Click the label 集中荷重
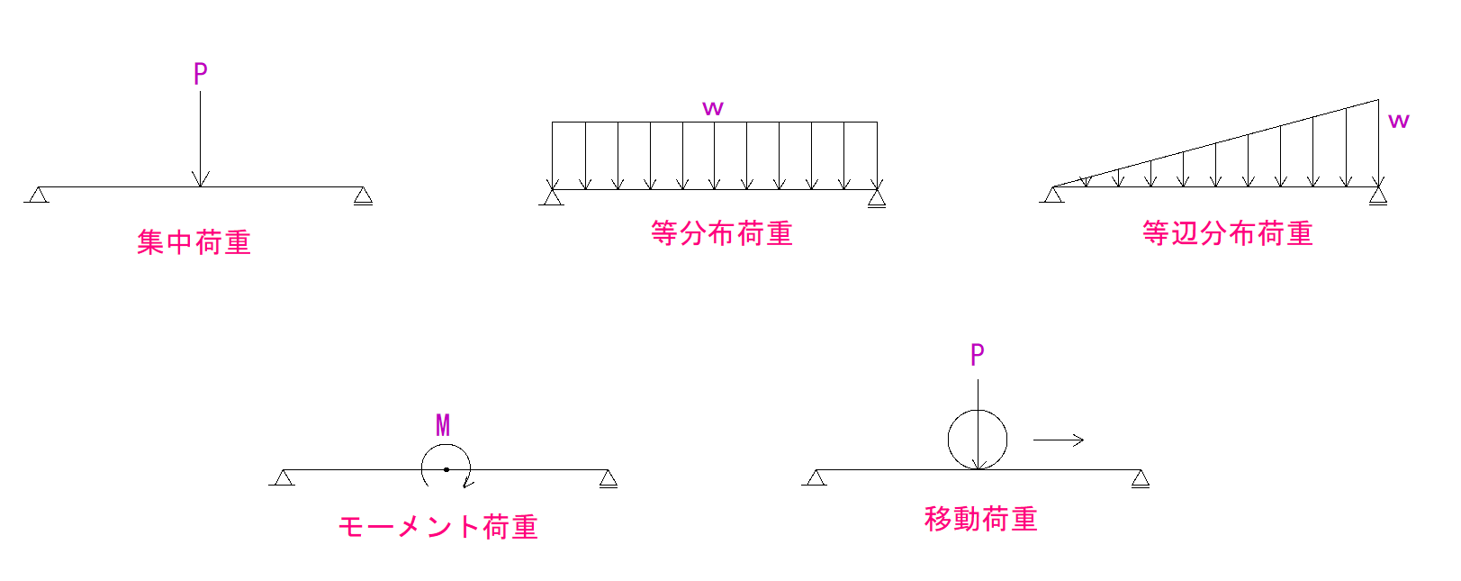click(194, 242)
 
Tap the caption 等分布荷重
click(721, 233)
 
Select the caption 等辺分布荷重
click(1228, 233)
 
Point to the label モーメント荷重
click(437, 527)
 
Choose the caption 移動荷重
click(981, 519)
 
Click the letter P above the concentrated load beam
click(200, 74)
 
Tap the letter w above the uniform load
click(713, 108)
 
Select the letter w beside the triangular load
click(1399, 121)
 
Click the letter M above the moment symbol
click(443, 425)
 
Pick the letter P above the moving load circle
click(977, 355)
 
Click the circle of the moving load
click(949, 440)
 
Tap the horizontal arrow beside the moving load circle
click(1059, 440)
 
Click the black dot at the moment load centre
click(446, 469)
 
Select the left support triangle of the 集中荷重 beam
click(38, 195)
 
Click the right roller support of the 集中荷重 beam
click(364, 195)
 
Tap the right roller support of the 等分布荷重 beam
click(878, 198)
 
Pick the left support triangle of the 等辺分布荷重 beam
click(1052, 195)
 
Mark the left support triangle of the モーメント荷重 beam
click(283, 477)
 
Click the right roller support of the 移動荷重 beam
click(1141, 478)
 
